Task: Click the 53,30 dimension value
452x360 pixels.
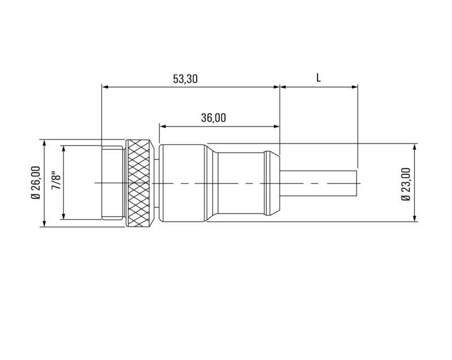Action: coord(185,79)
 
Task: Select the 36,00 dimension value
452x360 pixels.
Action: coord(214,118)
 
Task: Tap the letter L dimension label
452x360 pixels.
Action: coord(319,79)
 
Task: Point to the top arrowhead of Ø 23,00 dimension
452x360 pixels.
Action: coord(415,146)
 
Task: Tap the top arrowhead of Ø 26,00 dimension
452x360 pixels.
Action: coord(44,142)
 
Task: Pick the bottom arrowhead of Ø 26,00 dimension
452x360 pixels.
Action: coord(44,224)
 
